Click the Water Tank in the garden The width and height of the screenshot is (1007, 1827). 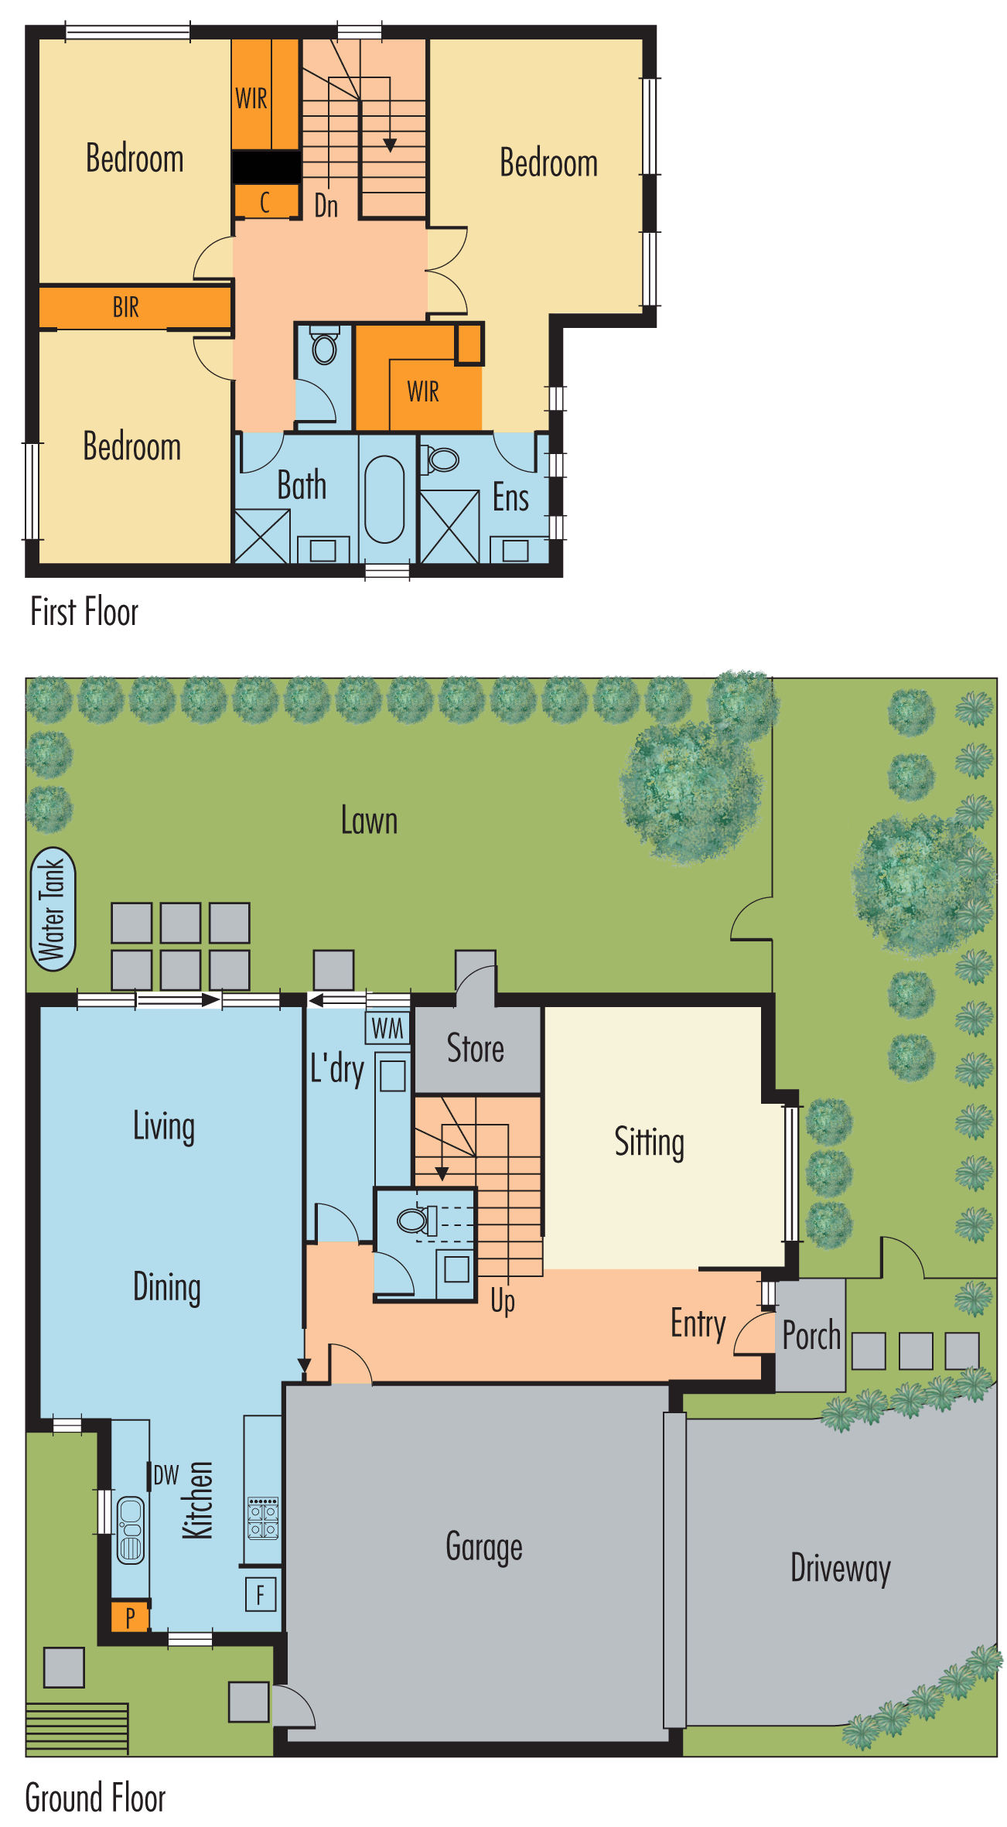(53, 909)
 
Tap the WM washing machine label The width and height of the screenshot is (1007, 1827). (387, 1029)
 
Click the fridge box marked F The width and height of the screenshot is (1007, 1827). (261, 1594)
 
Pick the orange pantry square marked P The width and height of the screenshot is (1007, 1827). (130, 1616)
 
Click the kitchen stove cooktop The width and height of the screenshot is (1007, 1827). (263, 1518)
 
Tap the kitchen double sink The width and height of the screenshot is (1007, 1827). (131, 1530)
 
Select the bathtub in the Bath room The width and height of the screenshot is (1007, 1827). (384, 499)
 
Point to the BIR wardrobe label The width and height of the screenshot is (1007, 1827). (126, 307)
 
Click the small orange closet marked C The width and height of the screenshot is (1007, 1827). (266, 201)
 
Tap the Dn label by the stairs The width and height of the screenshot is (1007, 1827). (326, 206)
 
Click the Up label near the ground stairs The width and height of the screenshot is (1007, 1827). (503, 1301)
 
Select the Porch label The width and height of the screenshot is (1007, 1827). (811, 1336)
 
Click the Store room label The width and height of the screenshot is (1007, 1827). (476, 1049)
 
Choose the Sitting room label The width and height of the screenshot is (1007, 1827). (650, 1142)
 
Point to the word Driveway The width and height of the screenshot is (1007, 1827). (841, 1569)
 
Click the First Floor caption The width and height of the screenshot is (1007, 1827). (84, 612)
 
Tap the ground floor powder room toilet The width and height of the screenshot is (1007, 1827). (416, 1221)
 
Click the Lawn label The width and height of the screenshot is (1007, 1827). (370, 821)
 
